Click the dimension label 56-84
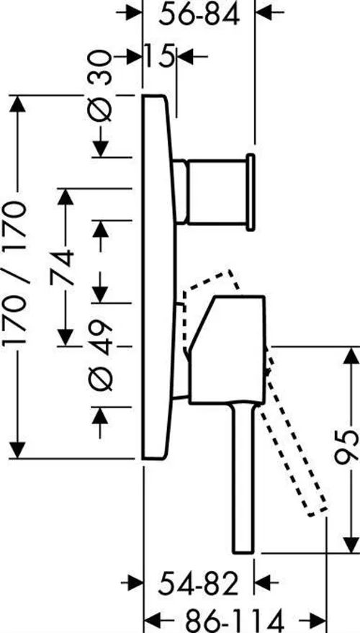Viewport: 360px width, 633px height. coord(199,16)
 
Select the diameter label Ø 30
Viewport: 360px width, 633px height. coord(99,86)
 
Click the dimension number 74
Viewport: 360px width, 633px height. coord(63,268)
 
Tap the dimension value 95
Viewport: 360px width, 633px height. coord(348,447)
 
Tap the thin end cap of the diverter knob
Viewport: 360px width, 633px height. coord(251,192)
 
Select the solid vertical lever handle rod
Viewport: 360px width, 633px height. coord(244,478)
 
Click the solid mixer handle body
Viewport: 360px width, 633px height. coord(228,349)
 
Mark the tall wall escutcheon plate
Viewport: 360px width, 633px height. coord(158,277)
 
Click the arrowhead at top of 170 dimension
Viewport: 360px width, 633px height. coord(17,104)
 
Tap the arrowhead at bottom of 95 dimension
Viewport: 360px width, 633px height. coord(351,544)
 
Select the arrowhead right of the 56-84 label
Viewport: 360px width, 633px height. coord(264,12)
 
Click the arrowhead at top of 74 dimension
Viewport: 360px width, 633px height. coord(66,197)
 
